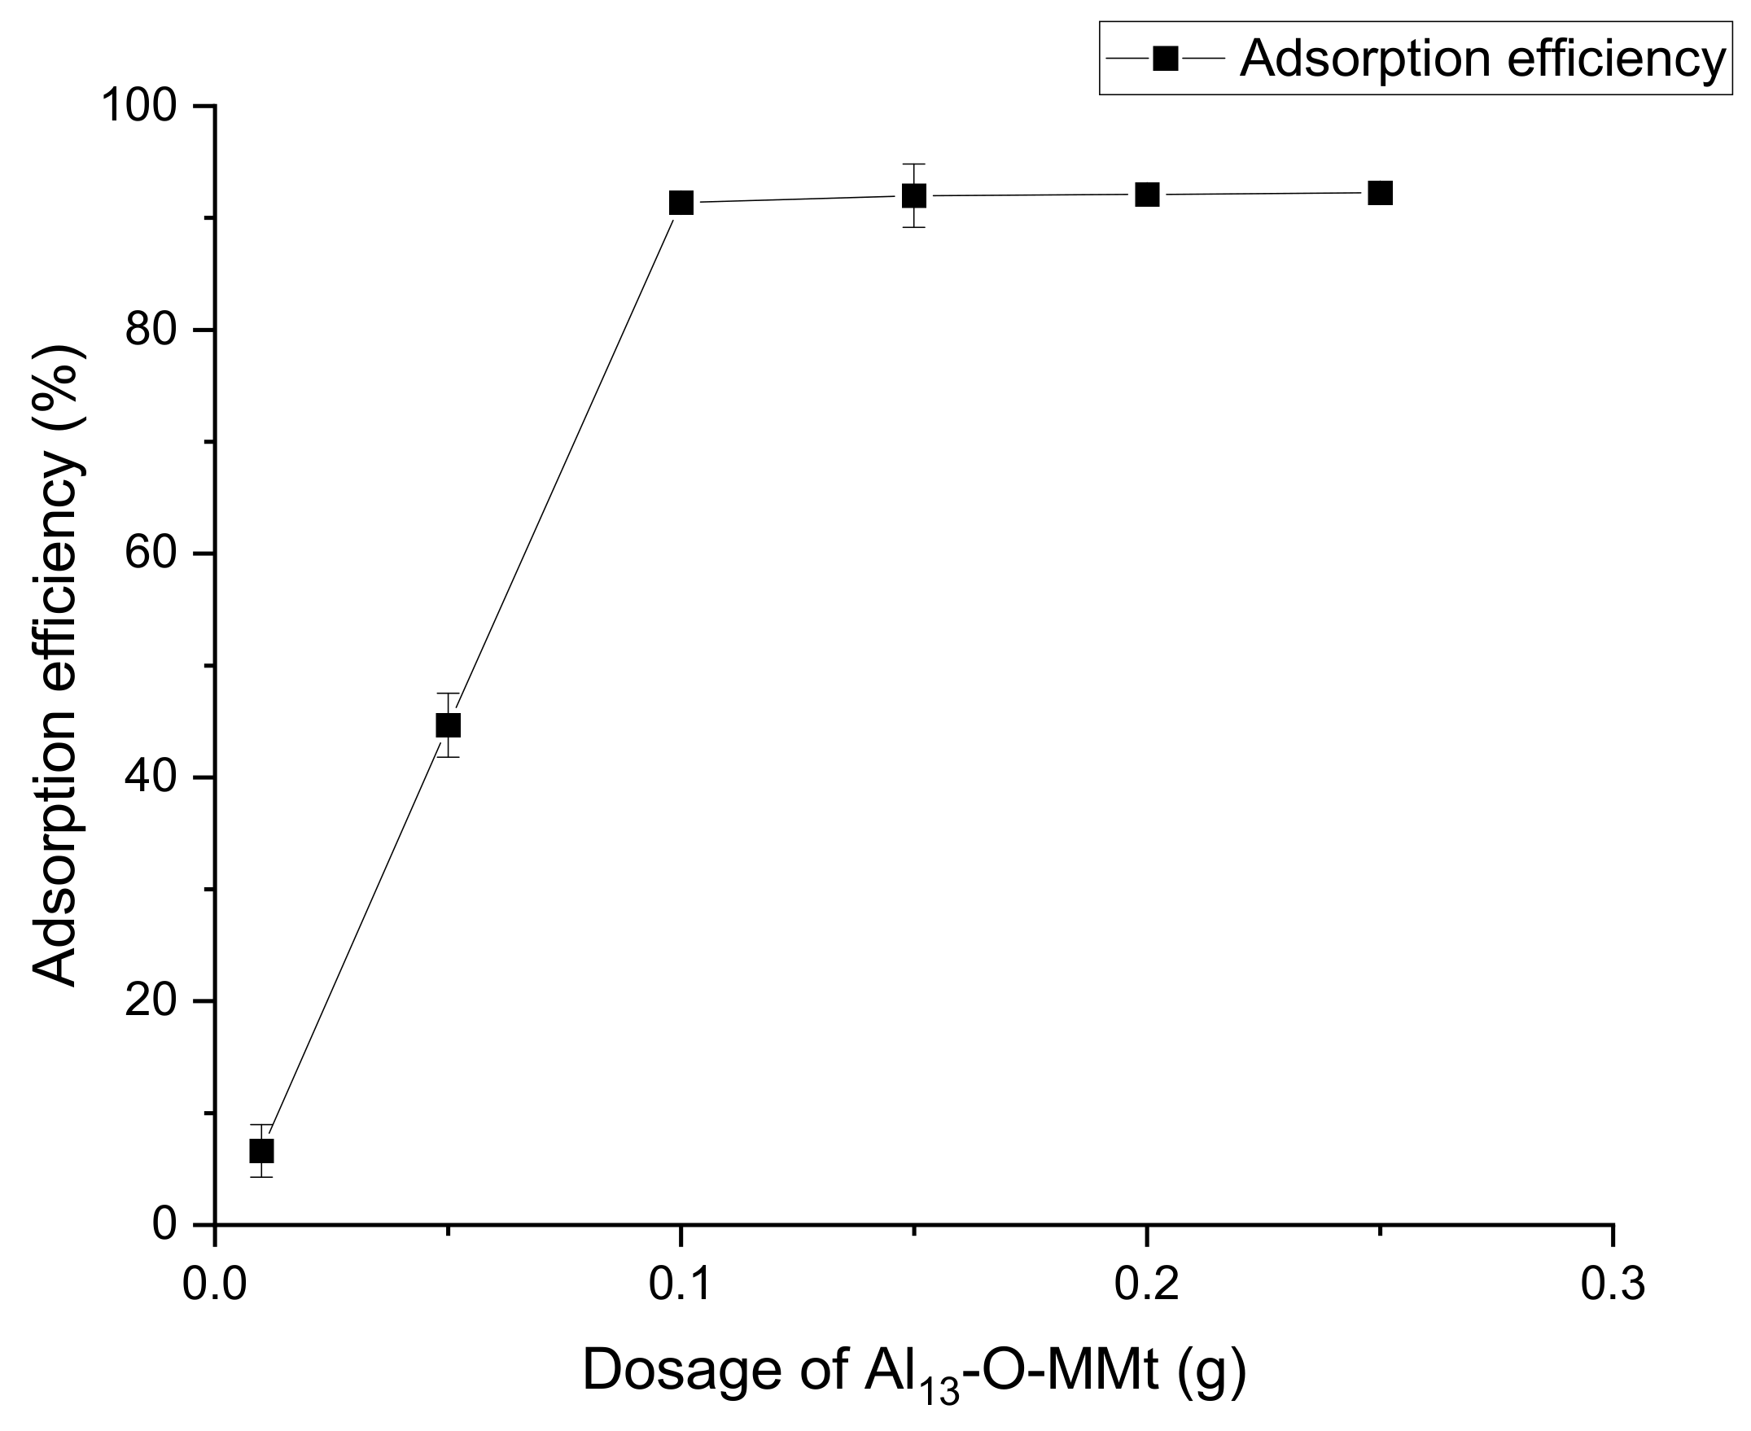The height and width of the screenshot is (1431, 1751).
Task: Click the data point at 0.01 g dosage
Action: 261,1151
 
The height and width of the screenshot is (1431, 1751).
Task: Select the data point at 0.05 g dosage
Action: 448,725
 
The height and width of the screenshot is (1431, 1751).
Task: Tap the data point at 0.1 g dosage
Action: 681,203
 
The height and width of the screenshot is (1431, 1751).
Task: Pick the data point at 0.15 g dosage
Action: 913,196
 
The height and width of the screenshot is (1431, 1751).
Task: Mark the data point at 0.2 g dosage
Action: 1147,195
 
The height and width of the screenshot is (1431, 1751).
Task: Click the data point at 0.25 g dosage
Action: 1380,193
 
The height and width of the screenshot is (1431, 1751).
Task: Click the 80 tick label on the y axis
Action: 151,330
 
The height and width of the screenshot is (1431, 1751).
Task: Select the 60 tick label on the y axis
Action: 151,554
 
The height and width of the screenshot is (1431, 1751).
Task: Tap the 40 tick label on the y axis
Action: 151,777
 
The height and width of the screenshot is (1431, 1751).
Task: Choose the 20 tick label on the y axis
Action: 151,1000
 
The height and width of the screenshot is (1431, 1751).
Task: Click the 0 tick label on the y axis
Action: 165,1224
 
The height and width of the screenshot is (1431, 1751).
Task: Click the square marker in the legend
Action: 1165,59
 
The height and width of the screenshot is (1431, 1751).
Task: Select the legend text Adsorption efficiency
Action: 1482,59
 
